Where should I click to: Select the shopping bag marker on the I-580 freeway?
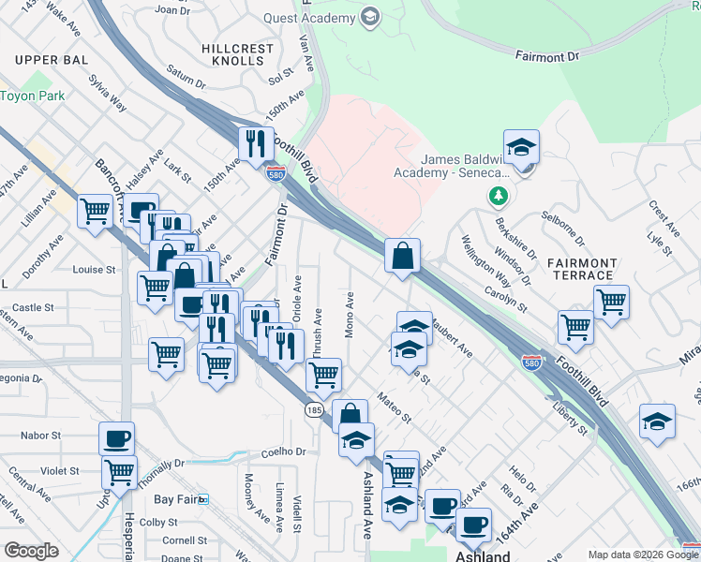click(x=401, y=256)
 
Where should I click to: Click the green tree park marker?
click(x=498, y=197)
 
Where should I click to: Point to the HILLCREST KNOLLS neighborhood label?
click(x=232, y=53)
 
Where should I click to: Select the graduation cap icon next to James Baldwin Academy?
click(x=521, y=147)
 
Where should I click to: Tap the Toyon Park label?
click(x=33, y=96)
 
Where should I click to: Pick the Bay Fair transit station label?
click(x=178, y=500)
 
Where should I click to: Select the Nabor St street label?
click(x=40, y=436)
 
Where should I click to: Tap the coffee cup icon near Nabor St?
click(x=117, y=438)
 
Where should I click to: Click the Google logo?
click(x=31, y=551)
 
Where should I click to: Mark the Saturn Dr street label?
click(x=186, y=73)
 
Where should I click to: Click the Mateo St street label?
click(x=395, y=408)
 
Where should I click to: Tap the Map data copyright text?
click(x=642, y=555)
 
